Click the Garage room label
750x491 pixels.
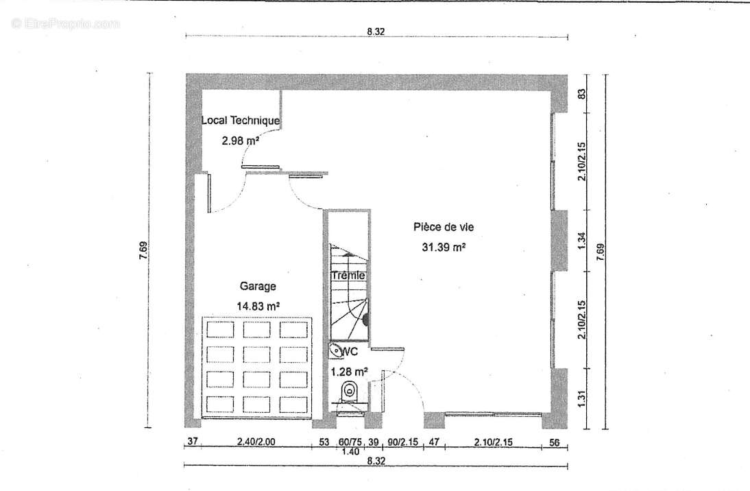(x=258, y=286)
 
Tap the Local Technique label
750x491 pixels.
(x=240, y=120)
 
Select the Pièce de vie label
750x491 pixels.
(x=444, y=227)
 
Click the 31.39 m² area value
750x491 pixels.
(x=444, y=247)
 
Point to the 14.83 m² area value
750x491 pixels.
(x=258, y=306)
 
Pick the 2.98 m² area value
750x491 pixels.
(x=240, y=140)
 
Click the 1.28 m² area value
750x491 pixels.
(x=349, y=371)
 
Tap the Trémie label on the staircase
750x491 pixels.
(x=348, y=275)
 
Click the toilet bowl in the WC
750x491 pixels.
(x=350, y=392)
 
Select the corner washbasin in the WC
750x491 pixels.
(x=336, y=351)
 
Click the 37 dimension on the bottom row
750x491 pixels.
(x=192, y=441)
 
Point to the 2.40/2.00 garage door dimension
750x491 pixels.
(x=256, y=441)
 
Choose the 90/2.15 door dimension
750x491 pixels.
(x=402, y=442)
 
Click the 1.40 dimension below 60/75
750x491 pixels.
(x=351, y=451)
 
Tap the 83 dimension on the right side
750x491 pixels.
(x=581, y=94)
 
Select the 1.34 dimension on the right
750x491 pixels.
(x=581, y=240)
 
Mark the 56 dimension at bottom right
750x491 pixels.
(x=554, y=443)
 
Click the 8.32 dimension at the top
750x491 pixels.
(x=376, y=32)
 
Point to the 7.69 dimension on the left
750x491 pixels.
(x=143, y=250)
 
